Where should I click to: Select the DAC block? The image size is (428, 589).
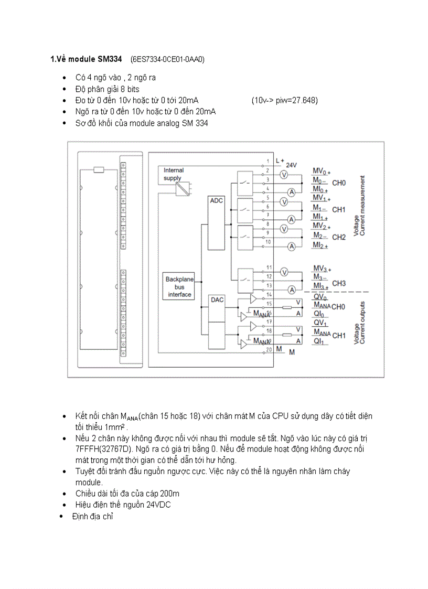pyautogui.click(x=216, y=300)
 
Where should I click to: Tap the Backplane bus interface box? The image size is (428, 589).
pyautogui.click(x=179, y=287)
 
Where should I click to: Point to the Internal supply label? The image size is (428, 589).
pyautogui.click(x=174, y=174)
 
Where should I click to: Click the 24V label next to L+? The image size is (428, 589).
pyautogui.click(x=292, y=165)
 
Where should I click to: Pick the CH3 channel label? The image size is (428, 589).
pyautogui.click(x=339, y=283)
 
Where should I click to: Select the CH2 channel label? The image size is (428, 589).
pyautogui.click(x=339, y=237)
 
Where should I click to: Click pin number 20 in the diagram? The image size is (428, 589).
pyautogui.click(x=269, y=349)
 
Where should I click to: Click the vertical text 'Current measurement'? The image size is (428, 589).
pyautogui.click(x=362, y=205)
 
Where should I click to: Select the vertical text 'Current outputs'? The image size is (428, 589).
pyautogui.click(x=362, y=323)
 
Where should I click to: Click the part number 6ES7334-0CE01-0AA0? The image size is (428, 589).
pyautogui.click(x=167, y=60)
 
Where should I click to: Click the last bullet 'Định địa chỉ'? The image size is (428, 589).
pyautogui.click(x=93, y=516)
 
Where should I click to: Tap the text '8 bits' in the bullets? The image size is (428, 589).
pyautogui.click(x=129, y=89)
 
